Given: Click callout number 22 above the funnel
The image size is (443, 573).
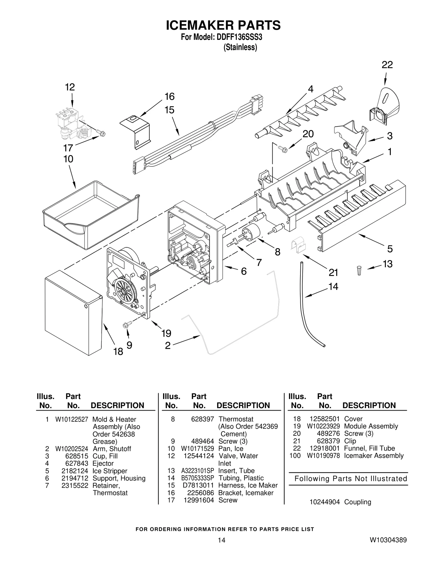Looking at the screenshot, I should point(387,65).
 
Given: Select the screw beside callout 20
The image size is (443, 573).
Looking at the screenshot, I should point(284,149).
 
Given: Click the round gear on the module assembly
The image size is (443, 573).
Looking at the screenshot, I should point(124,290).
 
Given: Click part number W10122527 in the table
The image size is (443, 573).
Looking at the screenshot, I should point(71,419).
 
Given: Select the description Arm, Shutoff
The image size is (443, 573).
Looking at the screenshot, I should point(112,449).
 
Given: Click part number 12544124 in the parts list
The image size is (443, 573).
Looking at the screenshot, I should point(199,456).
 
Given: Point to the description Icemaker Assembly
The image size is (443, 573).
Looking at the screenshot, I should point(374,456).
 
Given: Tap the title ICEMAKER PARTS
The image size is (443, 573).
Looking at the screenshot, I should point(223,25).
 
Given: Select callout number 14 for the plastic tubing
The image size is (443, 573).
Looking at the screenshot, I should point(333,287).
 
